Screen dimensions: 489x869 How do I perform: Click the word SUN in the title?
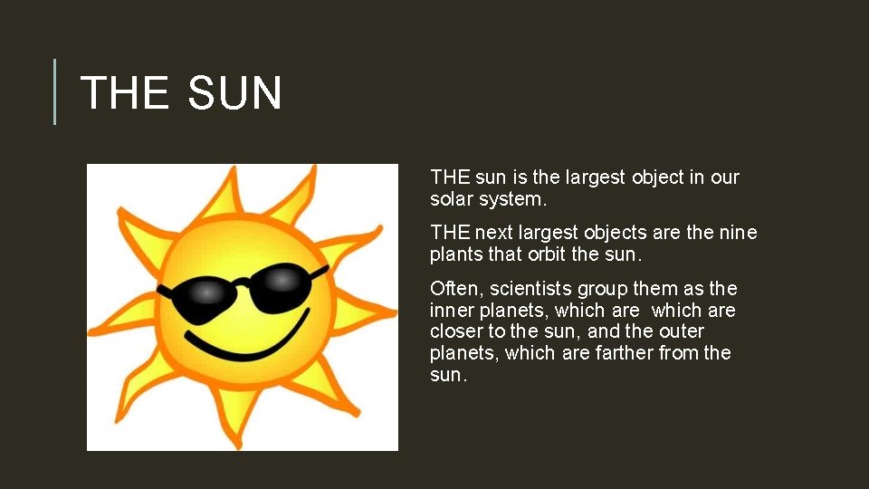[x=235, y=93]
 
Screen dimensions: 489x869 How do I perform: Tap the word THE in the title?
[x=124, y=93]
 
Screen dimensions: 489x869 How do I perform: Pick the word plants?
[x=458, y=254]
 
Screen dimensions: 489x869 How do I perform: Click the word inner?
[x=451, y=311]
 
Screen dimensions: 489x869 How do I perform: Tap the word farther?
[x=624, y=352]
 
